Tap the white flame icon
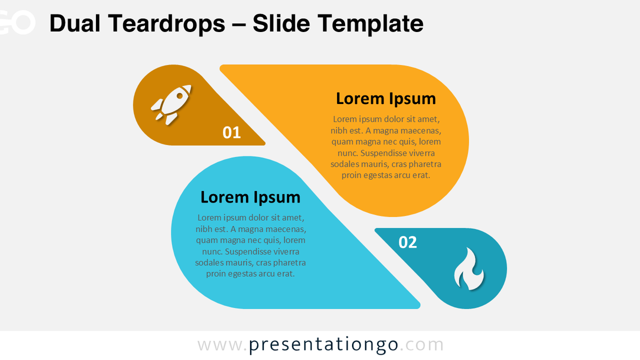[468, 269]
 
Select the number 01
[231, 132]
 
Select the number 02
[407, 243]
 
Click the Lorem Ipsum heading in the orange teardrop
[386, 99]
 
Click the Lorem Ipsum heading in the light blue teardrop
[250, 197]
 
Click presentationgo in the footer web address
[324, 345]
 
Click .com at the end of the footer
[422, 345]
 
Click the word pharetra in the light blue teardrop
[289, 262]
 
